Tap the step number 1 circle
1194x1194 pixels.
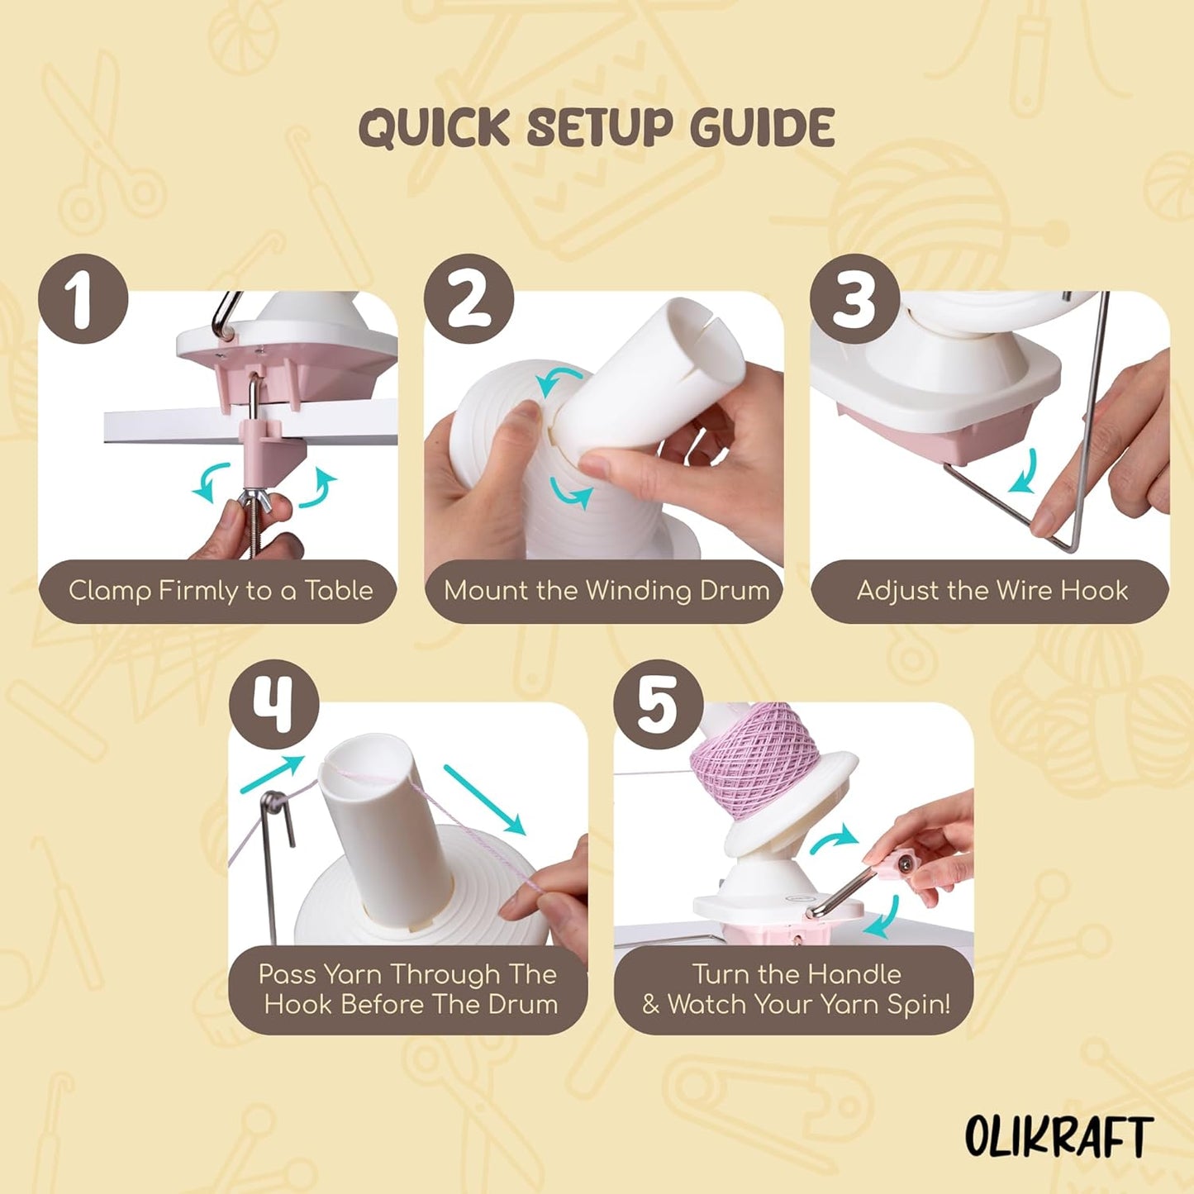[x=83, y=299]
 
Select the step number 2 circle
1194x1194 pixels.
[x=469, y=299]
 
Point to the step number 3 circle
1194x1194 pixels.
[x=854, y=299]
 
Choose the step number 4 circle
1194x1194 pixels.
[x=274, y=705]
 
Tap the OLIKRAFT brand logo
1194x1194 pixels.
[x=1058, y=1138]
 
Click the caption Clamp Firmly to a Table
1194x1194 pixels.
[x=220, y=591]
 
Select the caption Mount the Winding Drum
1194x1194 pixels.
[x=606, y=591]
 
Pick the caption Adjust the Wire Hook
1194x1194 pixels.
[x=992, y=591]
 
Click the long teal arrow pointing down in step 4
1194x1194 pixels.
[x=485, y=798]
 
